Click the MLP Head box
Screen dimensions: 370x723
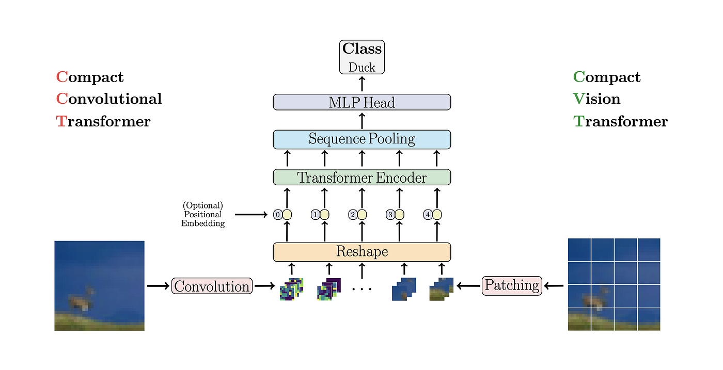coord(361,102)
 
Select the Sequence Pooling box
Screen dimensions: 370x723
coord(361,139)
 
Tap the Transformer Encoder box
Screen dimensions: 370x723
coord(361,177)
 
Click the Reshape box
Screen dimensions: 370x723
coord(361,252)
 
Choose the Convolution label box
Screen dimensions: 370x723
coord(212,286)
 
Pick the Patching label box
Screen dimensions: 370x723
coord(512,285)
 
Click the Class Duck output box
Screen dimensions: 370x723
coord(361,57)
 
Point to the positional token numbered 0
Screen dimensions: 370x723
coord(278,214)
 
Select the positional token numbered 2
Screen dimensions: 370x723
coord(353,214)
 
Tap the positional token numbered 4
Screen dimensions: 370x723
coord(428,214)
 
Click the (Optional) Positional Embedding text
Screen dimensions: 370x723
coord(203,214)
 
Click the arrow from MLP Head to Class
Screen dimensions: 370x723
coord(361,84)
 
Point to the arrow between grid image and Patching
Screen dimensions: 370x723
coord(555,285)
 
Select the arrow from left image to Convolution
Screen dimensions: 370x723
coord(158,285)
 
